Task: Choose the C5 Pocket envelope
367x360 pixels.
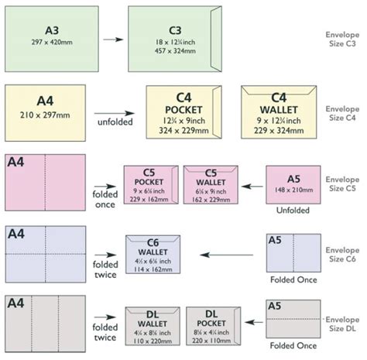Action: pyautogui.click(x=149, y=185)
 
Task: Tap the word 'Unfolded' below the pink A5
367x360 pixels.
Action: pyautogui.click(x=291, y=211)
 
